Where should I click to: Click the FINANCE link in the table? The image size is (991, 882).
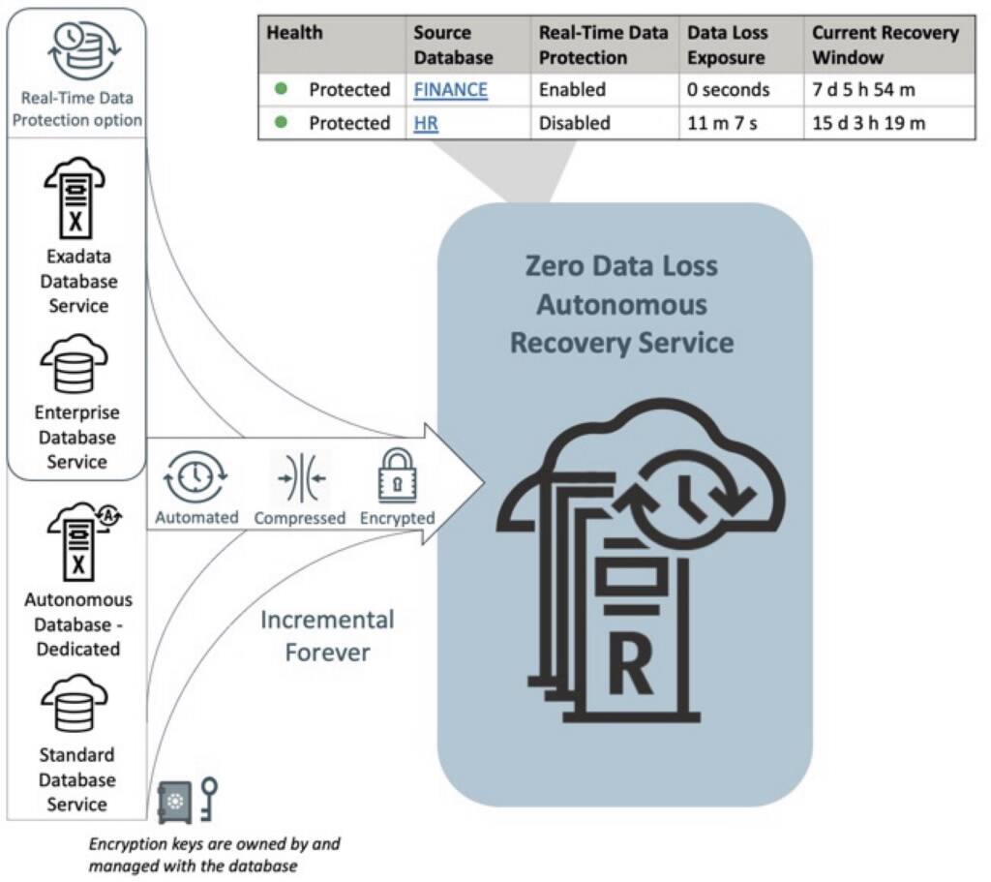[450, 90]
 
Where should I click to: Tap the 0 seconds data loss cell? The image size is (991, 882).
[728, 90]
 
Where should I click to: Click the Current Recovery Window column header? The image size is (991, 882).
[885, 45]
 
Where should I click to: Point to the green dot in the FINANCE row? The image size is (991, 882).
[282, 89]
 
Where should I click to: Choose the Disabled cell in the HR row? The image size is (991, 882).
[575, 123]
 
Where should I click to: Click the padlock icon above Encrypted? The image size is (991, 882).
[396, 476]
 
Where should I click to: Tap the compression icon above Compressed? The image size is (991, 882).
[299, 477]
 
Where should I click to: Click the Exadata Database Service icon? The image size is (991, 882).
[76, 200]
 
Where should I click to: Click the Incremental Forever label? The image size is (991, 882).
[327, 635]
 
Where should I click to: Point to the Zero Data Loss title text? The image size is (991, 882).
[621, 265]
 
